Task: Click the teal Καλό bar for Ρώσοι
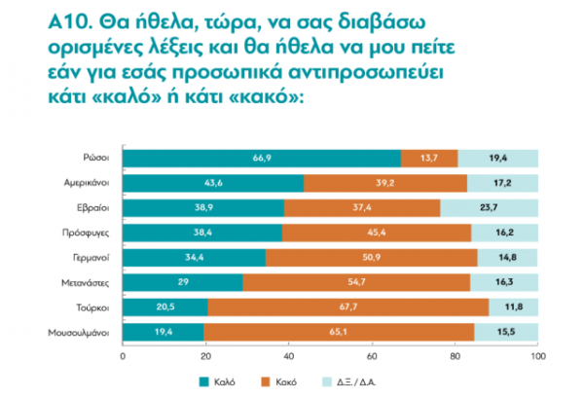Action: [261, 158]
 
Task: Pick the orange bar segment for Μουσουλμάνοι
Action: [338, 332]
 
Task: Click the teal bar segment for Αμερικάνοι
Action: [213, 182]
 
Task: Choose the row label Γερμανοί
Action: [89, 258]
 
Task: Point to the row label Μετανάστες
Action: [85, 282]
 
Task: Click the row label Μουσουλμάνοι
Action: [79, 333]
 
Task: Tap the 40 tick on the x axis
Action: [288, 356]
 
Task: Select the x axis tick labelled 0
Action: [123, 356]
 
